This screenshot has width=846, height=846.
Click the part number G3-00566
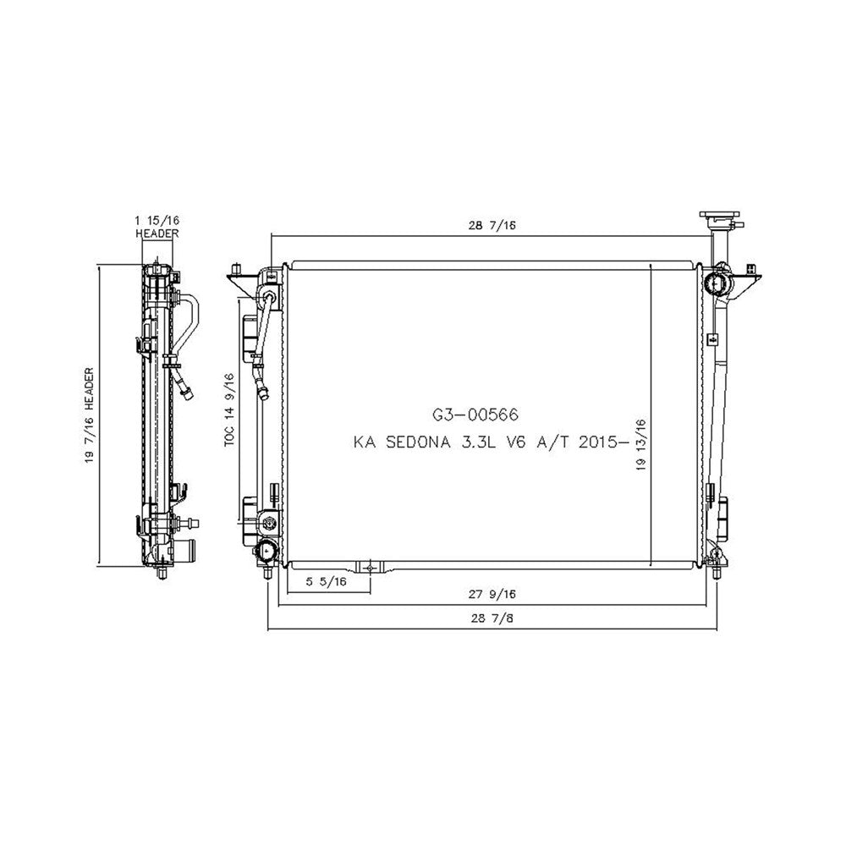point(475,415)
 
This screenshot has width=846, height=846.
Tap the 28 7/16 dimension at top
point(492,225)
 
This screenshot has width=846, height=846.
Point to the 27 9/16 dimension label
point(492,594)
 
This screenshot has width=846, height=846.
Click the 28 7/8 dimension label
point(492,618)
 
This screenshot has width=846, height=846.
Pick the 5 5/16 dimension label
point(326,581)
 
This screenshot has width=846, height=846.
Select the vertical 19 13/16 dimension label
point(641,445)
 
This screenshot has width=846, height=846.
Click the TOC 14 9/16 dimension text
point(230,410)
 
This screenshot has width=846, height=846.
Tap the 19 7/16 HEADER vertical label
point(90,415)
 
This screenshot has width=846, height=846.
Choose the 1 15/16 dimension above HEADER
point(157,220)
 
